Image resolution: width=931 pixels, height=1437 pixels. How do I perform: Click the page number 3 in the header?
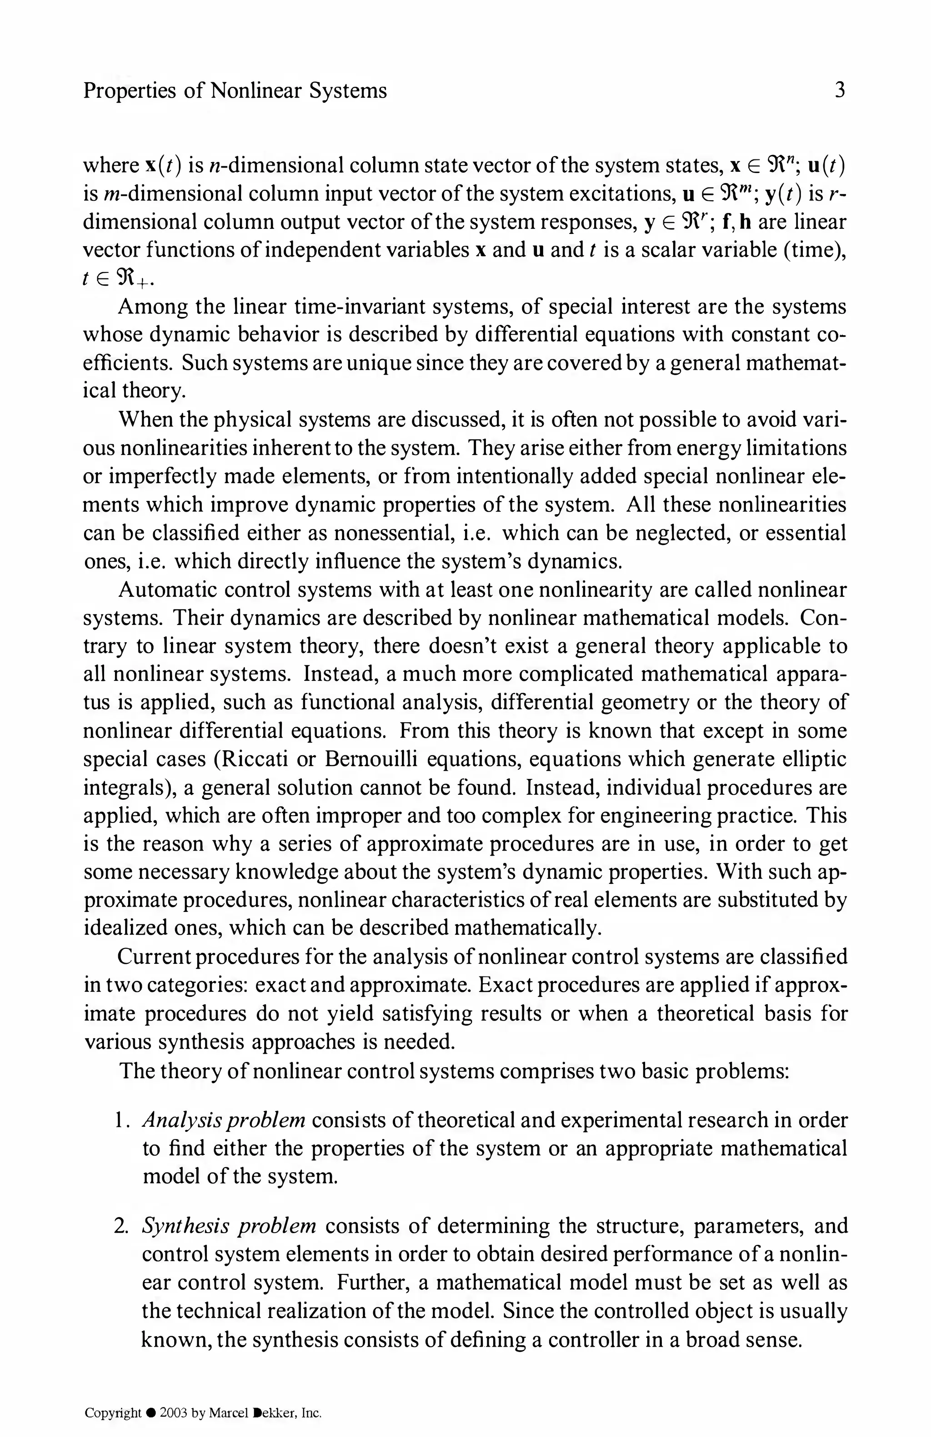click(839, 90)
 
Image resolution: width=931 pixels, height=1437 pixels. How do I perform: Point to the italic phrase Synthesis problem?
click(229, 1226)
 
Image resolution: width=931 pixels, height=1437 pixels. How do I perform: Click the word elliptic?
click(813, 759)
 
